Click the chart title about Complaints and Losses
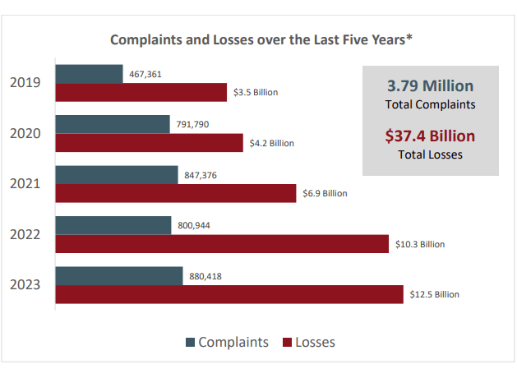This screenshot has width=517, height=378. click(261, 39)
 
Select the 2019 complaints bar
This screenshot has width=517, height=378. click(89, 74)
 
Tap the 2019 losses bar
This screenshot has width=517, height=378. click(141, 92)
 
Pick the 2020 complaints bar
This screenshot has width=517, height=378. click(112, 125)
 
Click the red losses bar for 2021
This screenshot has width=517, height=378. click(175, 193)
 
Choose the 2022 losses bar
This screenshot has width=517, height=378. click(221, 244)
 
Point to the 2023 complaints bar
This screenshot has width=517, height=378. click(118, 276)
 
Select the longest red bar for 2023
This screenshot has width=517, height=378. click(228, 294)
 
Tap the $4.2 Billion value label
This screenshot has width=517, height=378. click(272, 143)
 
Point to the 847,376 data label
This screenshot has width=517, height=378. click(201, 175)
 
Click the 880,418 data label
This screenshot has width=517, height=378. click(205, 276)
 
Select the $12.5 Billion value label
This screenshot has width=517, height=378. click(435, 294)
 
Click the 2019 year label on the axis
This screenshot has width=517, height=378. click(25, 82)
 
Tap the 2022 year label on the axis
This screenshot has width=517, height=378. click(25, 234)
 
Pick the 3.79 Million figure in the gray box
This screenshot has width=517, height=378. click(430, 86)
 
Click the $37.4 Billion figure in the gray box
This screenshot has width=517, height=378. click(430, 136)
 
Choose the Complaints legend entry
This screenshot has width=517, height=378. click(225, 342)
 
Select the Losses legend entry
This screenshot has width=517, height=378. click(308, 342)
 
